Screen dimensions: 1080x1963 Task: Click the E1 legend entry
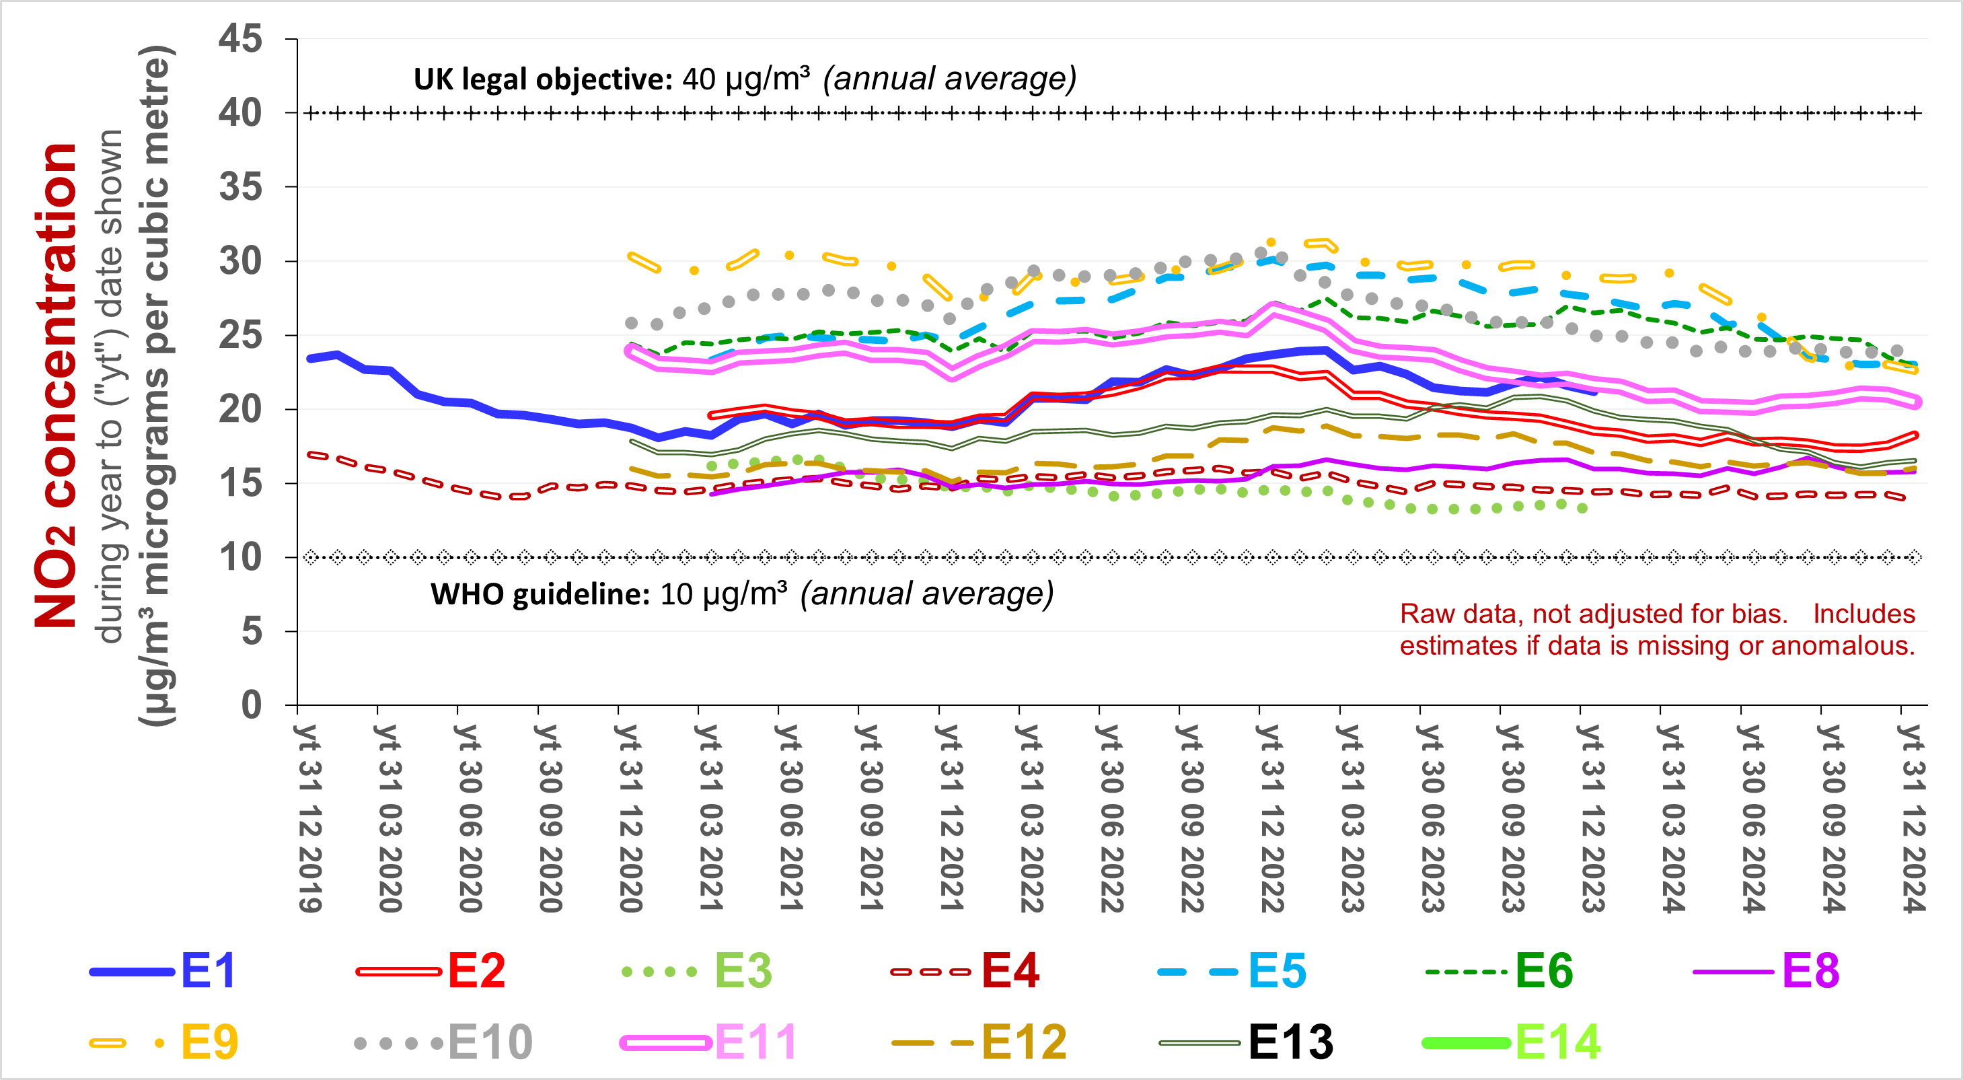point(207,970)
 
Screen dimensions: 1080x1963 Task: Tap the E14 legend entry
point(1557,1042)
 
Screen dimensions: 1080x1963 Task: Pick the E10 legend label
point(490,1042)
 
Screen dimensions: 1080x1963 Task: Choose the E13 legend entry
point(1290,1042)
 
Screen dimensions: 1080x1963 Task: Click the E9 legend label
point(209,1042)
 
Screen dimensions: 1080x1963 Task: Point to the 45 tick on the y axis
point(241,38)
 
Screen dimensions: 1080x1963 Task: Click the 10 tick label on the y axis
point(241,557)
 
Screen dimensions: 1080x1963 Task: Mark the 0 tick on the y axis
point(252,705)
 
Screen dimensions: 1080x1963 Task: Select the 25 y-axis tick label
point(241,334)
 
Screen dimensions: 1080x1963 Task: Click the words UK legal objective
point(542,79)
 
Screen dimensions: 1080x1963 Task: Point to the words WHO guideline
point(540,594)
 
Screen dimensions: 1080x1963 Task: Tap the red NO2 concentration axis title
point(55,385)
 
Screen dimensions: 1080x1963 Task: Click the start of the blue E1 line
point(310,358)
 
